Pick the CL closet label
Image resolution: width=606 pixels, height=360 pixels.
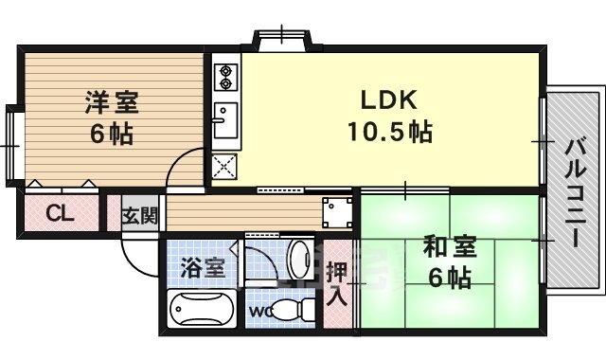59,213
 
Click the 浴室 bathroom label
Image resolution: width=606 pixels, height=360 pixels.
203,268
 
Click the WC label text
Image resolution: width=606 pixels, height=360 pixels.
260,310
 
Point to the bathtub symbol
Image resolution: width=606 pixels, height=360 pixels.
201,309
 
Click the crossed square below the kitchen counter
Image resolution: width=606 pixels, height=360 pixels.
226,166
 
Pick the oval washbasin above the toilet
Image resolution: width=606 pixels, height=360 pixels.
301,258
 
